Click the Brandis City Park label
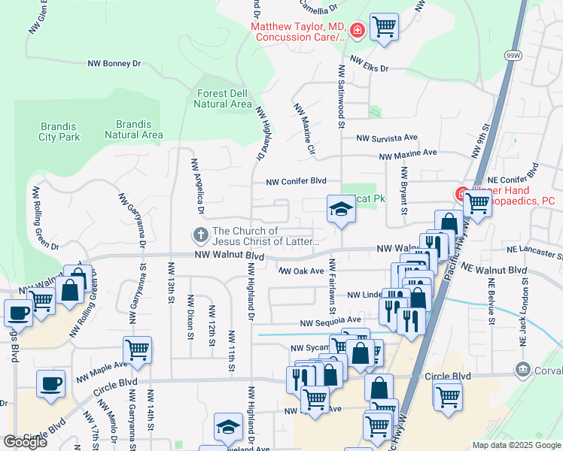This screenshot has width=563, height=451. click(x=59, y=132)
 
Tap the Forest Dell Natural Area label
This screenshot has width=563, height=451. click(x=223, y=98)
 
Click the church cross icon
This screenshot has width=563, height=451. click(x=201, y=236)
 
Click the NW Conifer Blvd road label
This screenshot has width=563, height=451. click(x=296, y=181)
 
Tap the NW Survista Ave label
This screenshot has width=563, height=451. click(x=386, y=138)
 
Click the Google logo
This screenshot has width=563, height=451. click(x=25, y=442)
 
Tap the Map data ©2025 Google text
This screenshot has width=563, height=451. click(x=516, y=445)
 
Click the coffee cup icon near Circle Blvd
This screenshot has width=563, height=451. click(x=51, y=383)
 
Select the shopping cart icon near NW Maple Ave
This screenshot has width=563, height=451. click(x=137, y=350)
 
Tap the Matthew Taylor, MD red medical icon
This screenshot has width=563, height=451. click(x=357, y=31)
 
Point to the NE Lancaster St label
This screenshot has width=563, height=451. click(x=534, y=253)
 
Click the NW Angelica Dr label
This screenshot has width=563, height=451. click(x=197, y=180)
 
